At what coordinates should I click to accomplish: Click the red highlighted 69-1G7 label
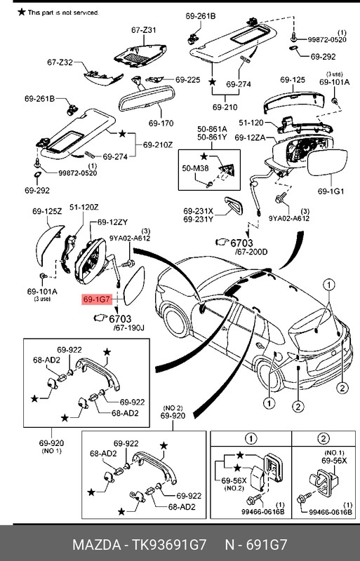95,299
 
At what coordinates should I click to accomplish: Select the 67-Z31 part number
144,30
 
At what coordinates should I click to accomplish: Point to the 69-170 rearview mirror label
161,123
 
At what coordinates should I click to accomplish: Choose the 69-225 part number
188,80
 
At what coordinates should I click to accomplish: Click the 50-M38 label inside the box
195,168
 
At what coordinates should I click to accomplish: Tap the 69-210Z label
158,145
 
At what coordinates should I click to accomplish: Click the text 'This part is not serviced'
62,13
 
